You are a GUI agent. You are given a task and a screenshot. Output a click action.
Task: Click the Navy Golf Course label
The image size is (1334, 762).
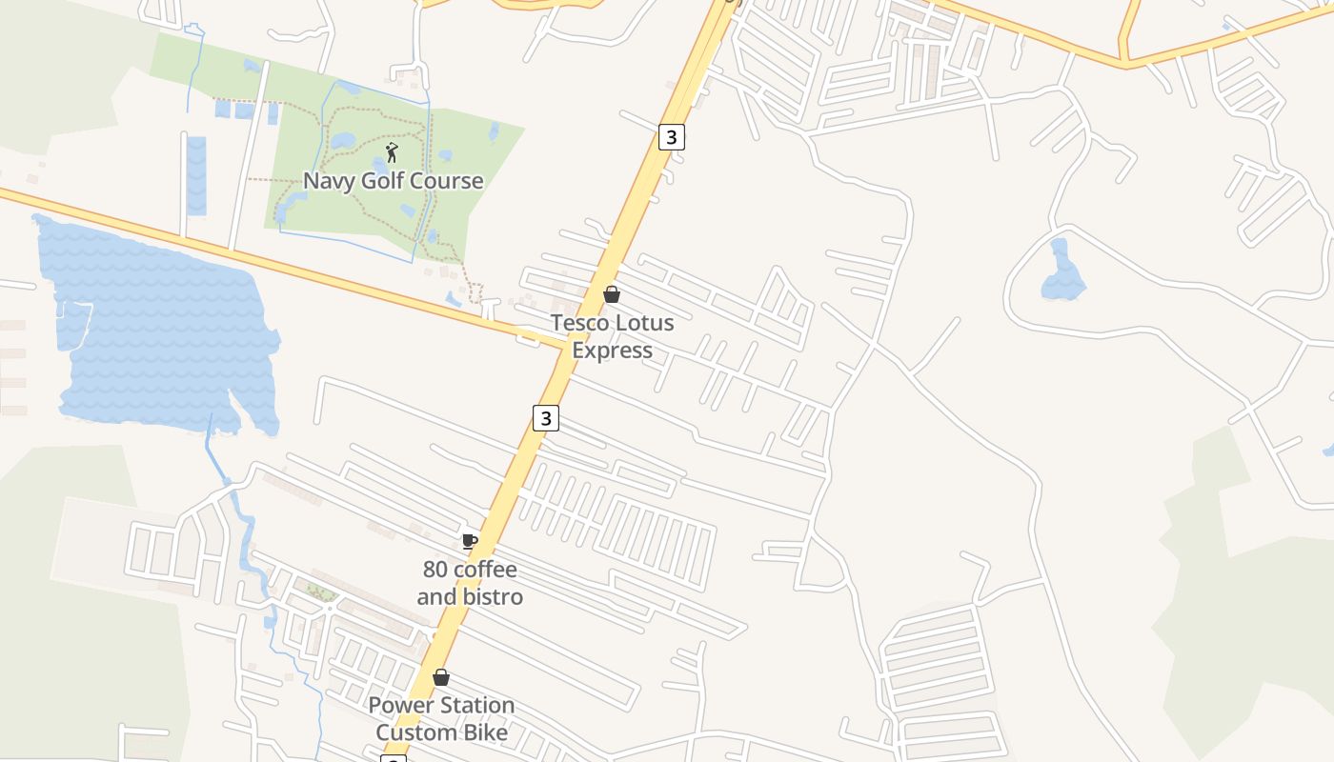click(x=393, y=181)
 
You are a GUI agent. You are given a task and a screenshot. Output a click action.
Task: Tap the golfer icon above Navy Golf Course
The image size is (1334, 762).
click(x=392, y=152)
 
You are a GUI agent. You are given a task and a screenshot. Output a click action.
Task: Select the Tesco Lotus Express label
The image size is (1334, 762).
click(x=612, y=336)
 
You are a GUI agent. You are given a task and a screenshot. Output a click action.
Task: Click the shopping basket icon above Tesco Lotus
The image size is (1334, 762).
click(x=612, y=294)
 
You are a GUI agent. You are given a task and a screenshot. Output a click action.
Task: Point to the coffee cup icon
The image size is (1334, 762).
click(x=469, y=541)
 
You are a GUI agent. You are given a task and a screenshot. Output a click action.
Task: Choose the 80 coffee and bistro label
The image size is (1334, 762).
click(x=470, y=583)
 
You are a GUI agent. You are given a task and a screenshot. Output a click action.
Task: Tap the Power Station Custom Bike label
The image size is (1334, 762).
click(x=441, y=719)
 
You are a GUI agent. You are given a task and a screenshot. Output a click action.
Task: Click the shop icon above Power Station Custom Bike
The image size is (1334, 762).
click(x=441, y=677)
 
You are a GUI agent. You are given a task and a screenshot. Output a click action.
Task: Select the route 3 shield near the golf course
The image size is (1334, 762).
click(x=672, y=137)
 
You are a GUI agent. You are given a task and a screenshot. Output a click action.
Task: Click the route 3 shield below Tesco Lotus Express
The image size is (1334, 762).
click(x=545, y=418)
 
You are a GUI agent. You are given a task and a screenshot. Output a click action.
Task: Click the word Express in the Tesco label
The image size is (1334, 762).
click(x=612, y=351)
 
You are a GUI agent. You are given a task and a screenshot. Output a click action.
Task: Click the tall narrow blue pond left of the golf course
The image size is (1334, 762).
click(x=196, y=175)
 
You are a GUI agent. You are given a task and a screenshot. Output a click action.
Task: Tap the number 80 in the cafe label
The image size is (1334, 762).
click(x=435, y=570)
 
